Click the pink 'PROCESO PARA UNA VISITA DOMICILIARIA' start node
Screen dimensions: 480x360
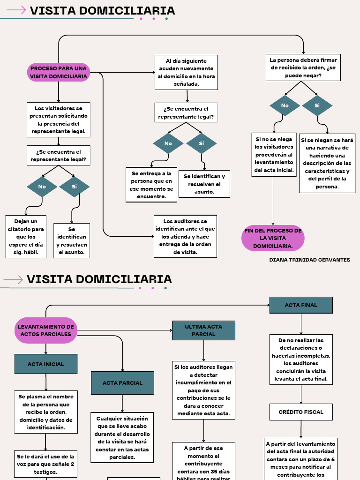(x=59, y=73)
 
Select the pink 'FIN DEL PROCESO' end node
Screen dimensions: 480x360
(x=273, y=238)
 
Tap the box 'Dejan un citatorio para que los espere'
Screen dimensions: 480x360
(x=26, y=237)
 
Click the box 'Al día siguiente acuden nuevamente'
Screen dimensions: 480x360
(x=186, y=73)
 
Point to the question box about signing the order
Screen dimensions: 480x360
(x=303, y=67)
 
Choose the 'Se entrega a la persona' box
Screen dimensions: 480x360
(x=151, y=185)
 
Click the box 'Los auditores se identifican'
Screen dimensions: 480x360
(x=185, y=236)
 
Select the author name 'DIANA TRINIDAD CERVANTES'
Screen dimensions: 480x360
(x=309, y=260)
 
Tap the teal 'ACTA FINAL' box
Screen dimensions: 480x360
(x=301, y=305)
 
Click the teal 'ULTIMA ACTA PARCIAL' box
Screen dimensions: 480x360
(x=203, y=330)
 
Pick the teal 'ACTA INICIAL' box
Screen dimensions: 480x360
(x=46, y=364)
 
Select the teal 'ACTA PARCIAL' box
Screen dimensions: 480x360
(x=122, y=383)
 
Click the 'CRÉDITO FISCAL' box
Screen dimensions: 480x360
(x=301, y=412)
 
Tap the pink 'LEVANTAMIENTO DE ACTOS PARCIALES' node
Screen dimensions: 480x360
(x=46, y=330)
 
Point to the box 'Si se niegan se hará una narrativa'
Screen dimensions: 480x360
(x=327, y=163)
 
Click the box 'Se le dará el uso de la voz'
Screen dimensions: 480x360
(x=45, y=464)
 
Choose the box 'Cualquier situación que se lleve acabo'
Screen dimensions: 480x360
(x=122, y=437)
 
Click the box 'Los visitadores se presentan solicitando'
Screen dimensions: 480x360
(x=59, y=120)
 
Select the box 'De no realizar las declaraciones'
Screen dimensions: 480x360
(x=301, y=360)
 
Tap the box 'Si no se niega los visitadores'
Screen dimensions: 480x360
(x=274, y=154)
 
